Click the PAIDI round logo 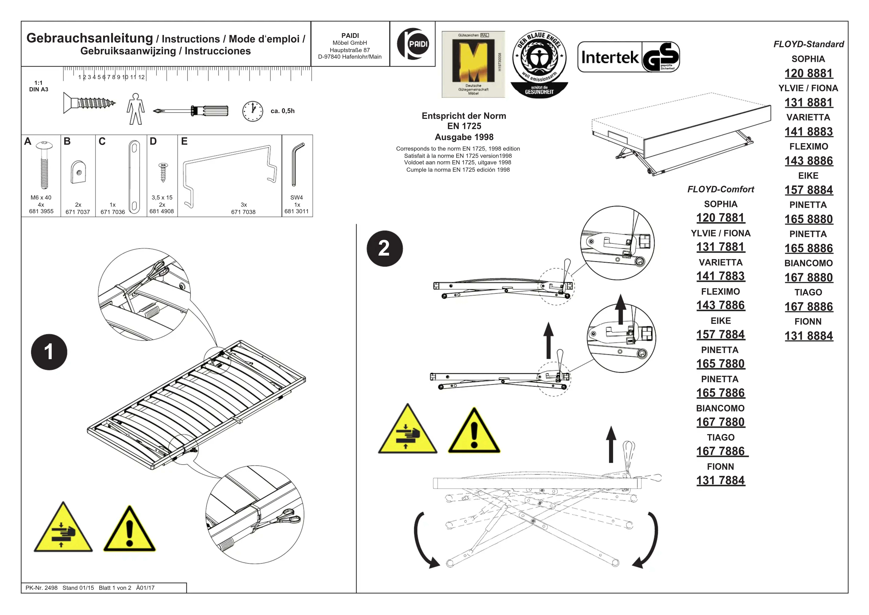[x=413, y=44]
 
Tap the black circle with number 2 [x=384, y=248]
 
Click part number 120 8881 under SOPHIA [x=808, y=73]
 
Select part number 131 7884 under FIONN [x=721, y=480]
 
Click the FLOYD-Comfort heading [x=721, y=189]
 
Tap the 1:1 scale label [x=38, y=82]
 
